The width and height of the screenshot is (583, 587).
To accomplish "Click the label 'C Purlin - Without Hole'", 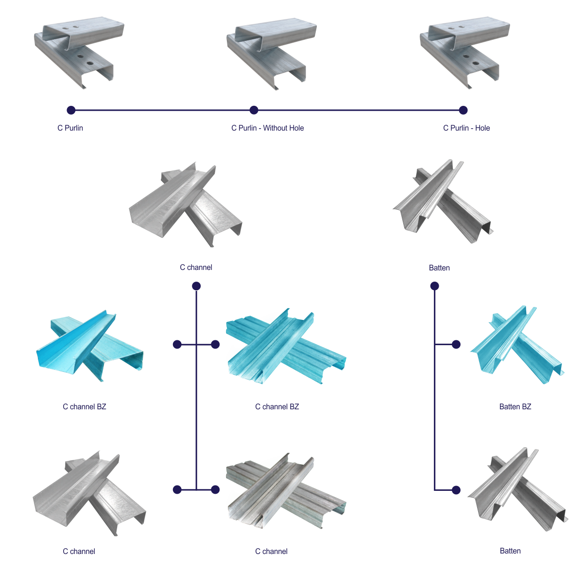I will point(268,128).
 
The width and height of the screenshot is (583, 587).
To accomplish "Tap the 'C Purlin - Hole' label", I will point(466,128).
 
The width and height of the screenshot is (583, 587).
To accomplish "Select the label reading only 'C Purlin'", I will point(70,128).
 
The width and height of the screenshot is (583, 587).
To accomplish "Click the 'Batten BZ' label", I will point(515,406).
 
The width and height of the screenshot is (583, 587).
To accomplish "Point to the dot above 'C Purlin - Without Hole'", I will point(254,110).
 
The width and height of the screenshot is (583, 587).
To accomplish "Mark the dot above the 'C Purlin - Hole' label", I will point(463,110).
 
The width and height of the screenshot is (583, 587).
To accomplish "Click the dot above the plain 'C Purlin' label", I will point(71,110).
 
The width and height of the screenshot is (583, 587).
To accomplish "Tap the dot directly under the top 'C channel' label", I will point(196,286).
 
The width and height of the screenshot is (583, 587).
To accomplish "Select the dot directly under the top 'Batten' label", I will point(435,286).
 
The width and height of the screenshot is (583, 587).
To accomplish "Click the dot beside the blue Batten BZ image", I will point(456,344).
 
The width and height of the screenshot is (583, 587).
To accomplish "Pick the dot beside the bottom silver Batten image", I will point(456,490).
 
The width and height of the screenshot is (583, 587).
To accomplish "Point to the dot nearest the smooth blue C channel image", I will point(177,344).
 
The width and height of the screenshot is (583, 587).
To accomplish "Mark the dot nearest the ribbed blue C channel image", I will point(215,344).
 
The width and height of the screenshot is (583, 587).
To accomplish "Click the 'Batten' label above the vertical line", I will point(439,268).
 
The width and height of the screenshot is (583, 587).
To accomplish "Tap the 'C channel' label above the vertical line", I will point(196,268).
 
